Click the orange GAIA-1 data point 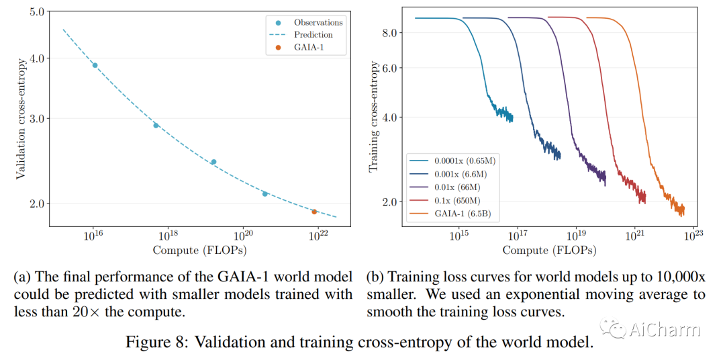314,212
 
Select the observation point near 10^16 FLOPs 95,65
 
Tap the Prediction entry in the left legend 313,34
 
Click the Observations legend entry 318,23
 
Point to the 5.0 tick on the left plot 37,12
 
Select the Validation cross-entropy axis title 22,119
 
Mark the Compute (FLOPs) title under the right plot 549,250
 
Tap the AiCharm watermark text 665,330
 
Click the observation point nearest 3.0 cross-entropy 156,126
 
